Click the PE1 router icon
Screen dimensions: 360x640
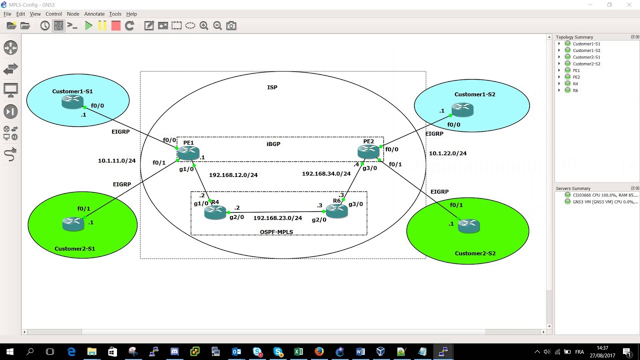point(188,153)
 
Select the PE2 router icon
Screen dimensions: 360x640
point(368,151)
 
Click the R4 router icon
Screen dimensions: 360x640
point(215,212)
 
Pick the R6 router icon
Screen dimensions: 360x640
point(336,211)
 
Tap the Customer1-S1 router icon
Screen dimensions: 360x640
point(72,102)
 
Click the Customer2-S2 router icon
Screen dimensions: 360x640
point(469,226)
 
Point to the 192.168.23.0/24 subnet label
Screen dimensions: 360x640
point(277,218)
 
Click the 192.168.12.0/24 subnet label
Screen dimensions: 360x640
point(233,175)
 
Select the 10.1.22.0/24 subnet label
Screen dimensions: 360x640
point(447,153)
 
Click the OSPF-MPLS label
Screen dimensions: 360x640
point(276,232)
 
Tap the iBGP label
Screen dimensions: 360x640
point(273,144)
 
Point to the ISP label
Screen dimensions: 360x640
point(272,87)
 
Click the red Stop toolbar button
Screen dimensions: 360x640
point(116,26)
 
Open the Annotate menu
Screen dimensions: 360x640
point(94,14)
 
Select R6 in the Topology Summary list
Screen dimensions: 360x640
point(575,90)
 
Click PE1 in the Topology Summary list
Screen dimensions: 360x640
point(576,70)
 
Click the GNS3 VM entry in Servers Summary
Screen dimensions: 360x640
point(604,202)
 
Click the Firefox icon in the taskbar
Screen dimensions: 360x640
point(319,351)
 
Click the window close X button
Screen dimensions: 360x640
point(629,5)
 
